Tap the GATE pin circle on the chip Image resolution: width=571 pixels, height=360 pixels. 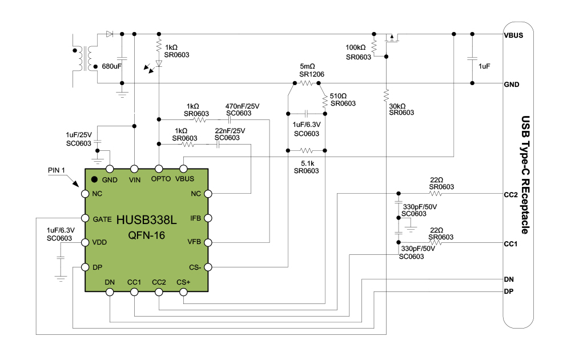(x=85, y=219)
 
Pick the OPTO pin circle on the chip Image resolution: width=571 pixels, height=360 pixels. (x=159, y=169)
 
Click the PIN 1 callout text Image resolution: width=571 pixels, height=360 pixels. (x=58, y=170)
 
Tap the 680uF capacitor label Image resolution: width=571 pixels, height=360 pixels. (x=112, y=66)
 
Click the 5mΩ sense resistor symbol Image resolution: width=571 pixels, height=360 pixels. (x=307, y=83)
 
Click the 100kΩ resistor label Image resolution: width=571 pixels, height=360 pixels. (x=356, y=47)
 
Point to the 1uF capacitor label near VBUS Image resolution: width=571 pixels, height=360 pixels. (x=484, y=66)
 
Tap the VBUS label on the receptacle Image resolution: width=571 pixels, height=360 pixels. (x=512, y=35)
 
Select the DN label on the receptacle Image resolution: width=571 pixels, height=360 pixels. (x=510, y=279)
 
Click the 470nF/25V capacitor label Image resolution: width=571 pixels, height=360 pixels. (x=242, y=106)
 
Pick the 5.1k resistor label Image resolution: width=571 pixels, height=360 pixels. (x=307, y=162)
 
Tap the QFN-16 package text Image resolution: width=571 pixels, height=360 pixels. (x=147, y=235)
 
